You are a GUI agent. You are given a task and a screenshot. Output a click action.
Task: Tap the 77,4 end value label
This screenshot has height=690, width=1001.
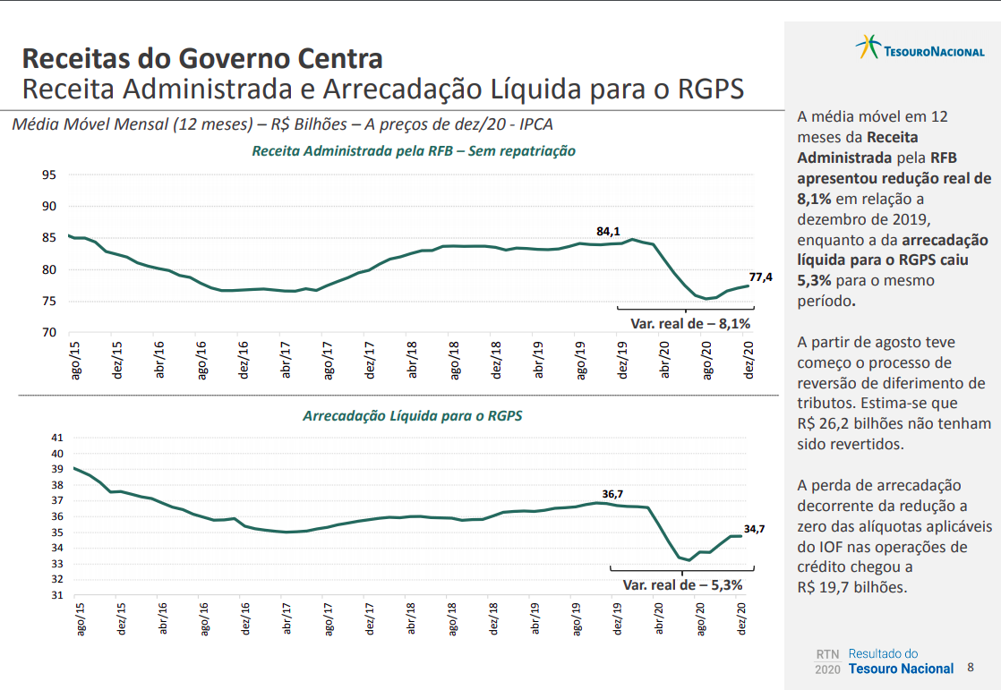point(760,277)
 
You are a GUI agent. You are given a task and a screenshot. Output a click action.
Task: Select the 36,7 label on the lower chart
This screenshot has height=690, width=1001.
point(612,494)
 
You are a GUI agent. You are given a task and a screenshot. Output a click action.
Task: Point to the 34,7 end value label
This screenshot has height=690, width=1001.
point(754,529)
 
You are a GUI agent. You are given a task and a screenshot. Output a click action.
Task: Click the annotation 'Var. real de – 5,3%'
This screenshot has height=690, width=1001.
point(682,585)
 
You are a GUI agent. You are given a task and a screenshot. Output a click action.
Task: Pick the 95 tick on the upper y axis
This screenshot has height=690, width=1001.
point(49,175)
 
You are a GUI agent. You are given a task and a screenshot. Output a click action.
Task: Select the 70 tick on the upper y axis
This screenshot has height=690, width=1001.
point(49,333)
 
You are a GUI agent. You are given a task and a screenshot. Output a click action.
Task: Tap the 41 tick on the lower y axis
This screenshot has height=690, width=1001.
point(57,438)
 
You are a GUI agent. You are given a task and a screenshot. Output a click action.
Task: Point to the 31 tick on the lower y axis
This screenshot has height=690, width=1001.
point(57,595)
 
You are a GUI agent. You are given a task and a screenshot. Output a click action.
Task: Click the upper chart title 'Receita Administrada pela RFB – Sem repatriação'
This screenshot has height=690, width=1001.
point(414,151)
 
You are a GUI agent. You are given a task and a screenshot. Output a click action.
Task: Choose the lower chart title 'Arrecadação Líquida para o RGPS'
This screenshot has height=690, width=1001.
point(413,416)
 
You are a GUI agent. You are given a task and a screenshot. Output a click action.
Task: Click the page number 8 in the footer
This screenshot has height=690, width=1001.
point(971,668)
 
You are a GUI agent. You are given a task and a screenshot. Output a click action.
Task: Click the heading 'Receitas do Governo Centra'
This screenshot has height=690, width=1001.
point(202,59)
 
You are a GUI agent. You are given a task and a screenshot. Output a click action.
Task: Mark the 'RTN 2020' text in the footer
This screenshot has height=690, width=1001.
point(828,661)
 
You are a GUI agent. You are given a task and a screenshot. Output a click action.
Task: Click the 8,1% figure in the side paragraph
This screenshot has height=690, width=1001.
point(814,199)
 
